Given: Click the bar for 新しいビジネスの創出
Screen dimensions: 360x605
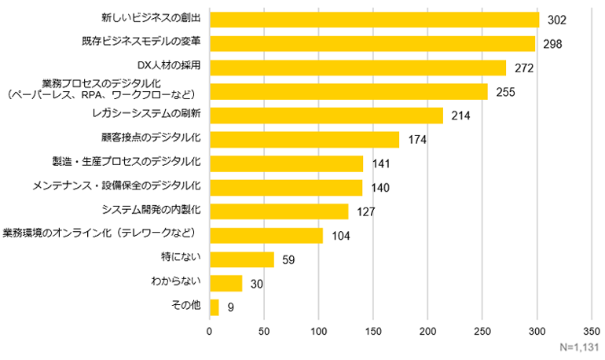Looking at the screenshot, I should (x=374, y=20).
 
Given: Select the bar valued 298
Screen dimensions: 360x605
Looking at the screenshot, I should (x=372, y=43).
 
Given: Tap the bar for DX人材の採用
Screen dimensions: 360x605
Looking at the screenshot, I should (x=357, y=68).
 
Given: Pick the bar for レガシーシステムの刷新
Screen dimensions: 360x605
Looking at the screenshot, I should (x=326, y=116).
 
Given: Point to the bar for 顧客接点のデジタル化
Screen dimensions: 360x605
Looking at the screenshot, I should (x=304, y=139).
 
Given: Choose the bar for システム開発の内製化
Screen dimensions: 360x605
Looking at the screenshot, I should (x=279, y=211).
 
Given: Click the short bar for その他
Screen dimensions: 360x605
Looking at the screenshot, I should (x=214, y=307).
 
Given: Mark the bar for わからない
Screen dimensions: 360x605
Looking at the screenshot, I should (x=225, y=283).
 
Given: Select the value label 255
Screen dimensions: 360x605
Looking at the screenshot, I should (x=505, y=92).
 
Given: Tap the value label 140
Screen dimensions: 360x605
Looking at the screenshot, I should (x=380, y=188).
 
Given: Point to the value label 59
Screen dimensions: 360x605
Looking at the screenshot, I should (x=288, y=259).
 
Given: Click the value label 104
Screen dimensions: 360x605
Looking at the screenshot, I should (x=341, y=236).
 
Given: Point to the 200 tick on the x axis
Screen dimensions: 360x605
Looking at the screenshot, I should (x=427, y=331).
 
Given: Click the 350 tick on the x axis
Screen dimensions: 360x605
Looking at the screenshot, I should (x=592, y=331).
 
